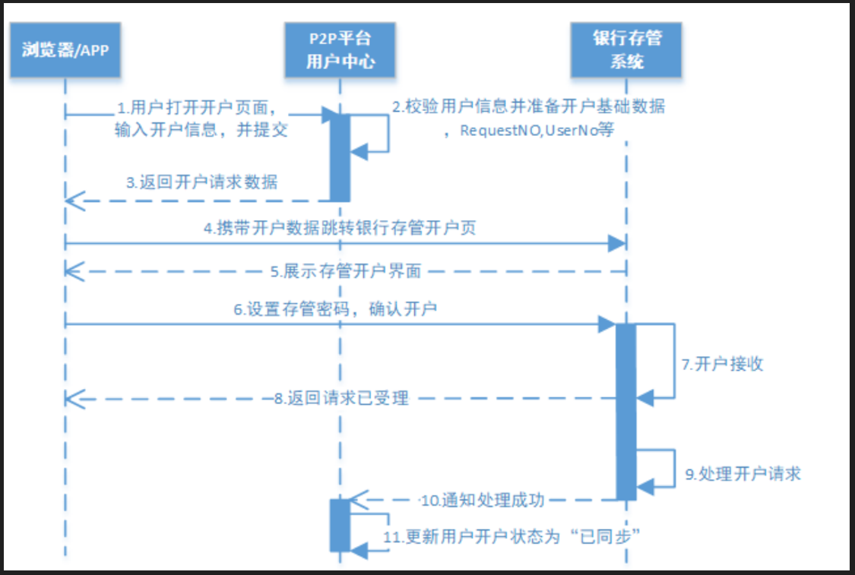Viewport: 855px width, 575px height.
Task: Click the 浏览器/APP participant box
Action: tap(65, 51)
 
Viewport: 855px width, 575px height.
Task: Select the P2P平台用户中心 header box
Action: tap(340, 49)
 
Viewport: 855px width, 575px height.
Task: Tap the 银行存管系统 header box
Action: tap(626, 49)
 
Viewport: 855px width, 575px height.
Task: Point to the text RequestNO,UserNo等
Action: tap(537, 130)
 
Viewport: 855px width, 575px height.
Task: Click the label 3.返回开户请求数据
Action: tap(202, 182)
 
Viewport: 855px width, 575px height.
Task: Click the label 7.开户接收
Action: tap(722, 365)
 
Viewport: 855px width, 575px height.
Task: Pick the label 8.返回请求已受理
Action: tap(341, 397)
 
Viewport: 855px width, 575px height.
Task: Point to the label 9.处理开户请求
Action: tap(743, 474)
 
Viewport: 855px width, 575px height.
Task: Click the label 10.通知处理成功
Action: tap(483, 500)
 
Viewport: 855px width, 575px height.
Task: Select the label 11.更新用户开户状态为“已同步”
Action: tap(514, 535)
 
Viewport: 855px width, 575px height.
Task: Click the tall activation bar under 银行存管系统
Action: tap(626, 410)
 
